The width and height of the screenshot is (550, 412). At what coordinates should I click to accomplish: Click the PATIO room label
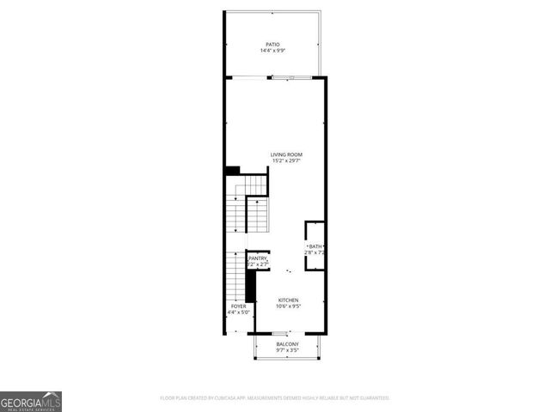coord(272,45)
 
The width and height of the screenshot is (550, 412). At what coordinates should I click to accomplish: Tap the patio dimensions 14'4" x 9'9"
coord(272,51)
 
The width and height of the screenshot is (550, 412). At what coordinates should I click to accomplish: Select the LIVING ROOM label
coord(287,154)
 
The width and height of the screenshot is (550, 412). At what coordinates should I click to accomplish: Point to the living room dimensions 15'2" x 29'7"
coord(287,161)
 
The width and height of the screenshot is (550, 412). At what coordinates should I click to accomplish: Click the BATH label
coord(315,247)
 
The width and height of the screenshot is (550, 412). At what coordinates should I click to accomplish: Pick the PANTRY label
coord(258,258)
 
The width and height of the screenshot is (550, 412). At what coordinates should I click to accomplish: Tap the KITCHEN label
coord(287,300)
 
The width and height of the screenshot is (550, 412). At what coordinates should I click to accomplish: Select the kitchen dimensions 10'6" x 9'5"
coord(287,306)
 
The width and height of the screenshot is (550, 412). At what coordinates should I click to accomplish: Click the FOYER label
coord(238,306)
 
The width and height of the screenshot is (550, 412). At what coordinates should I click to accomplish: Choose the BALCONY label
coord(287,344)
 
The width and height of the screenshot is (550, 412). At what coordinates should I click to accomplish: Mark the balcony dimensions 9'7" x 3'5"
coord(287,351)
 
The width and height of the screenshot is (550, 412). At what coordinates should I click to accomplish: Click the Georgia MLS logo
coord(31,401)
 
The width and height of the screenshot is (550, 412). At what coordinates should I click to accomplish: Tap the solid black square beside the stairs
coord(232,171)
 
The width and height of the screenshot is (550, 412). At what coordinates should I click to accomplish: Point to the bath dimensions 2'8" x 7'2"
coord(315,253)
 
